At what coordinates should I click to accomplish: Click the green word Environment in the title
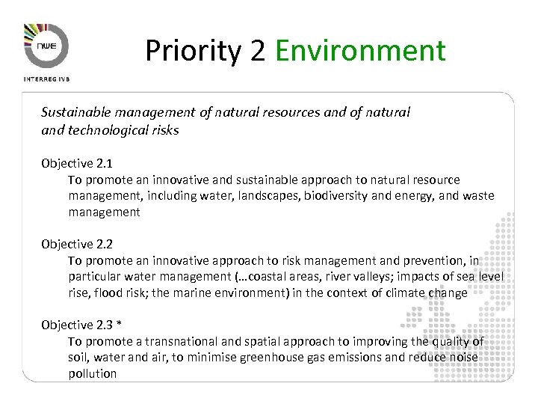tap(360, 50)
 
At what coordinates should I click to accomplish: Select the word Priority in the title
tap(192, 51)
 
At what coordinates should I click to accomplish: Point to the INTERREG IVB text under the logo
tap(47, 78)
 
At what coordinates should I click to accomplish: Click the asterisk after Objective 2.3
tap(119, 324)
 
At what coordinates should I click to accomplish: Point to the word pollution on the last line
tap(93, 373)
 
